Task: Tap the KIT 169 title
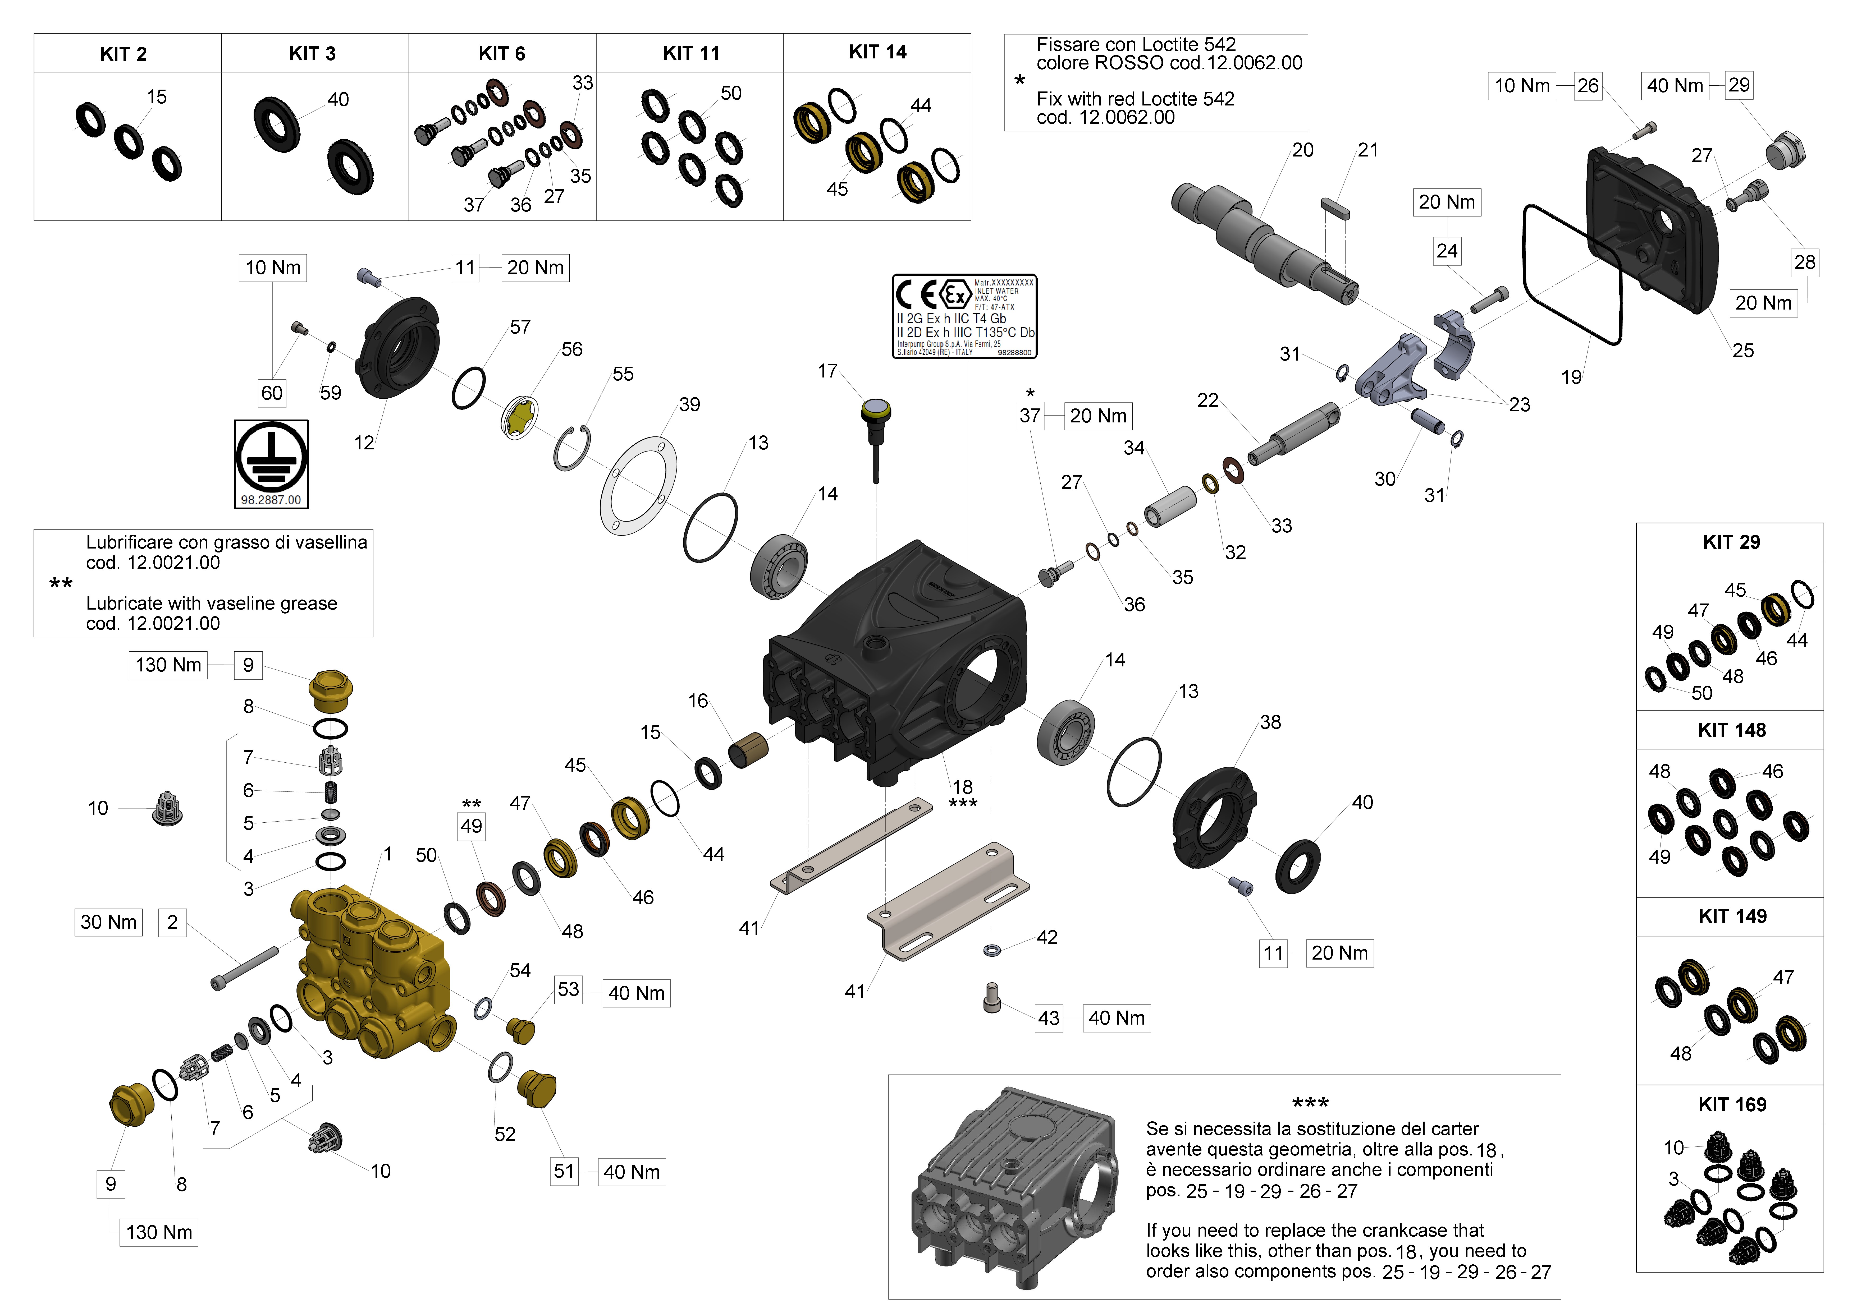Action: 1732,1104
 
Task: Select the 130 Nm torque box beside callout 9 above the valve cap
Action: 168,665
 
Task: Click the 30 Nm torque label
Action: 108,922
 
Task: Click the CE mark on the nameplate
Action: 917,295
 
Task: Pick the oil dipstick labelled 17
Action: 875,429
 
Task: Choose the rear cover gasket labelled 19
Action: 1572,275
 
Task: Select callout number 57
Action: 520,328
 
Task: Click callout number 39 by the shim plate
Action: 689,404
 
